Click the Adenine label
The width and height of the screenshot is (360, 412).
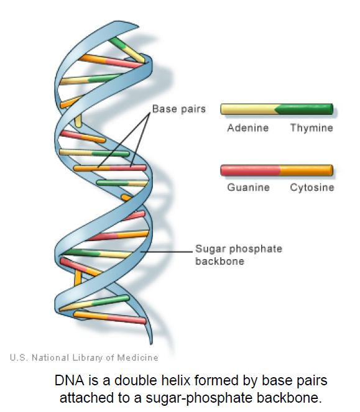click(247, 128)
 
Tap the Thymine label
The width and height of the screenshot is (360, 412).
click(312, 128)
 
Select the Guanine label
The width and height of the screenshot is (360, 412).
click(249, 187)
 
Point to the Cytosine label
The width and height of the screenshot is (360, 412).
click(312, 187)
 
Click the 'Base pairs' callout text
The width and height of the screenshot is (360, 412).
click(179, 109)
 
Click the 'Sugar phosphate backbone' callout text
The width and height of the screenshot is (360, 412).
click(239, 255)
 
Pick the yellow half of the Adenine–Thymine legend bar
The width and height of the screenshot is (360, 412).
click(249, 109)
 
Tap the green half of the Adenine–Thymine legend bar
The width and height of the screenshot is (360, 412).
click(305, 109)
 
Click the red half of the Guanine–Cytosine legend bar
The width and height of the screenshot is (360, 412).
click(251, 170)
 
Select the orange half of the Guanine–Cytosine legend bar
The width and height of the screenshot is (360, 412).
click(307, 170)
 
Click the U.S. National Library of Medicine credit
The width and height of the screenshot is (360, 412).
click(84, 357)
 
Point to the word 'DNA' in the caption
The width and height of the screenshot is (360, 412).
click(70, 380)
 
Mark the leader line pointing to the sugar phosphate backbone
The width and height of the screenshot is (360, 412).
click(167, 252)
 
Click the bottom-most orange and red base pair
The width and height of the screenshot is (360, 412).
click(110, 318)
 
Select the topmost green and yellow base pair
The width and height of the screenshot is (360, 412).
click(127, 50)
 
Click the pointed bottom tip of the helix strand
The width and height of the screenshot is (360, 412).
click(151, 344)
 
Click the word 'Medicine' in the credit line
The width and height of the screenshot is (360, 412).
click(137, 357)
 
